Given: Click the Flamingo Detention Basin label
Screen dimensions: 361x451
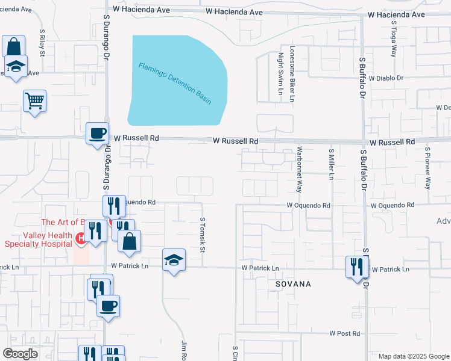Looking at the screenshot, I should coord(175,82).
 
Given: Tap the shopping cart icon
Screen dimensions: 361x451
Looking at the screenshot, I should coord(35,100).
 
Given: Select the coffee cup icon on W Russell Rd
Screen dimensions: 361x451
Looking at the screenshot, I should coord(97,134).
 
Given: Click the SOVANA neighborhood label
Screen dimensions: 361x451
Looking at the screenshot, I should coord(293,283).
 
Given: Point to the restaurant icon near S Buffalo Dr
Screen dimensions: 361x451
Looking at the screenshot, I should coord(357,266).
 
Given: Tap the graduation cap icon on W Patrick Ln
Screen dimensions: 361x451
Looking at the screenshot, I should coord(174,260).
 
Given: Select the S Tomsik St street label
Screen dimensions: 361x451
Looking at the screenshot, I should coord(203,235).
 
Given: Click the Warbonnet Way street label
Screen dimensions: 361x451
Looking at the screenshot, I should coord(298,169).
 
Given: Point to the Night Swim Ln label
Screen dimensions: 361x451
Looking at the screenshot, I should coord(280,74).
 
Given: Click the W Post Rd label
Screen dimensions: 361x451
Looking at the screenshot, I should coord(344,333).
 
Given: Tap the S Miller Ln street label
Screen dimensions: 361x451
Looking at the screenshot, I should coord(331,164).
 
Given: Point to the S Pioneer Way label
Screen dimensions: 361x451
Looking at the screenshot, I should coord(427,168).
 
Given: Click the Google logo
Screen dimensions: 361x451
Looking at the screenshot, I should coord(20,354).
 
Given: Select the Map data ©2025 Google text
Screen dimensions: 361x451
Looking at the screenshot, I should coord(414,356).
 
